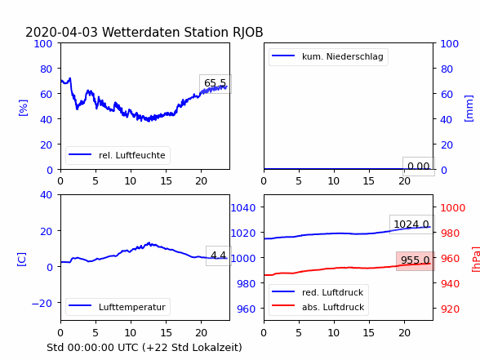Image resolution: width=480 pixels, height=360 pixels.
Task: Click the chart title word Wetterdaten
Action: point(141,32)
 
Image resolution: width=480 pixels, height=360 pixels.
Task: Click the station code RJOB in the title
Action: point(247,33)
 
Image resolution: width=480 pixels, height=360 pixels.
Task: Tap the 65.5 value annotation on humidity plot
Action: point(216,83)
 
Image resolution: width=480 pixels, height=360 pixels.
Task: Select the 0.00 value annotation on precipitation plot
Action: point(419,167)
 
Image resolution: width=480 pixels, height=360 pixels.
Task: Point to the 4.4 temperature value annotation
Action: point(219,256)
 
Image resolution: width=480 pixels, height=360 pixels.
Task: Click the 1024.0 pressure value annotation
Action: point(411,224)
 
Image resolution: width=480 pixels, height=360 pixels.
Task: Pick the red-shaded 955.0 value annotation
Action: point(416,260)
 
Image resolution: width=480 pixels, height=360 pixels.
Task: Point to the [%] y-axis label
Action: point(23,108)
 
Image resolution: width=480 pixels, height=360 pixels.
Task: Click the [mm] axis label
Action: point(469,109)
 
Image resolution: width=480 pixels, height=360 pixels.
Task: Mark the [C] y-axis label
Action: point(22,260)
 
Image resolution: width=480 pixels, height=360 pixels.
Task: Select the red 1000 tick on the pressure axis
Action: point(453,208)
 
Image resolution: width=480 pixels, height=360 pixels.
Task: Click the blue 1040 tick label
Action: point(243,208)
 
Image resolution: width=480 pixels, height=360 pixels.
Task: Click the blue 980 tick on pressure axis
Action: point(247,284)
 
